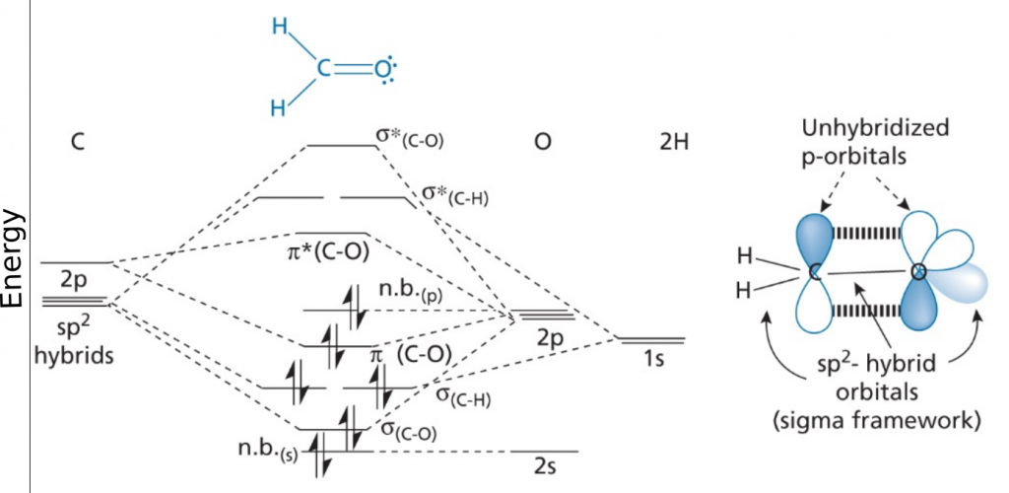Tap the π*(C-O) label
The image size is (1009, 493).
click(324, 251)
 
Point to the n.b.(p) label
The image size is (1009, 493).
click(410, 292)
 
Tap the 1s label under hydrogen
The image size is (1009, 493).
click(651, 359)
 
